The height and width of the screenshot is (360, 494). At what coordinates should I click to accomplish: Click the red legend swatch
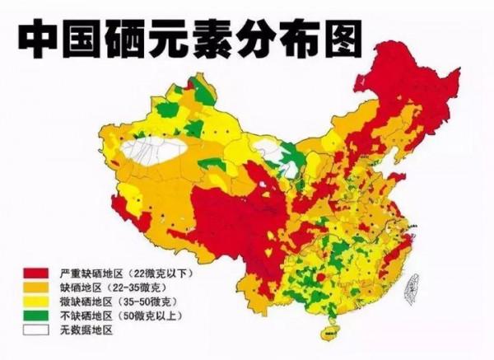click(35, 271)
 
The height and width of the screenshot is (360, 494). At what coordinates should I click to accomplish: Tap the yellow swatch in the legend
click(35, 302)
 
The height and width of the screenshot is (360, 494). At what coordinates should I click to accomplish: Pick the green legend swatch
click(35, 316)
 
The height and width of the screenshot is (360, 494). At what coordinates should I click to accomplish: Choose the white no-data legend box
click(35, 330)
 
